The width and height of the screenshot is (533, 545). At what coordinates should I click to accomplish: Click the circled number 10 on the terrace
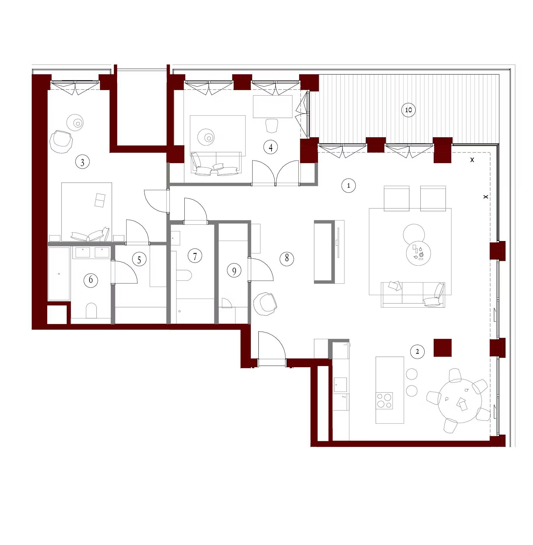(408, 110)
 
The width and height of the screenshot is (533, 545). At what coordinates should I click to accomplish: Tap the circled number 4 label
(271, 147)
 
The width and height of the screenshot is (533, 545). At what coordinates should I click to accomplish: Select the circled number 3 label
(82, 162)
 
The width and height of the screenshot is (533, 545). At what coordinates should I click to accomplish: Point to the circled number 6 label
(91, 280)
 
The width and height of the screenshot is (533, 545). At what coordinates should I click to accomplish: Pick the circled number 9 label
(234, 271)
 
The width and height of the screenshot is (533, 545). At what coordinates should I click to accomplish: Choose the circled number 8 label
(287, 258)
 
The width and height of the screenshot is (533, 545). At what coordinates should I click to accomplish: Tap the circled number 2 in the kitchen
(417, 351)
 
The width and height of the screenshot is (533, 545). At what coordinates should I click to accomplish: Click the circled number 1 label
(349, 185)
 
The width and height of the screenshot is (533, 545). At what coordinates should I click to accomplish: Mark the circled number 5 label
(139, 260)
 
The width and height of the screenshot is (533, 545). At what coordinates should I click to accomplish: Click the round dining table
(460, 400)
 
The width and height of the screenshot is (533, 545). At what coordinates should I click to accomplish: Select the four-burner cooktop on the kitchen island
(384, 400)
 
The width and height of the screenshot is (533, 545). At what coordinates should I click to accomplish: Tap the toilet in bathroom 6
(91, 311)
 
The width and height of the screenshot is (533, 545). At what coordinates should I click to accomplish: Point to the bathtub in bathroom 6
(59, 274)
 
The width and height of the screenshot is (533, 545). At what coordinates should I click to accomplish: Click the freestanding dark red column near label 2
(442, 348)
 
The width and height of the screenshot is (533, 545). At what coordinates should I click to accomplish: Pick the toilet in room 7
(184, 275)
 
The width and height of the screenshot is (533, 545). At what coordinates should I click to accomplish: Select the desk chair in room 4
(272, 126)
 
